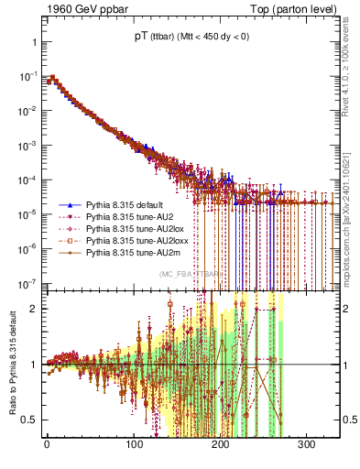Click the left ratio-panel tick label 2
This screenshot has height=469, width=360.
click(35, 309)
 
